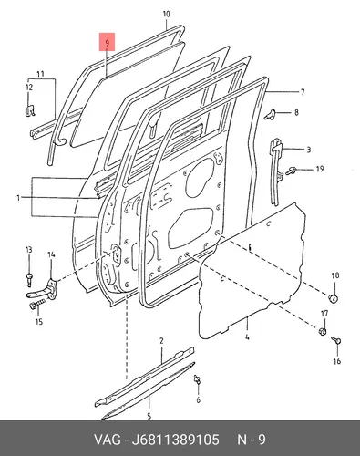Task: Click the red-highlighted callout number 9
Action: (x=107, y=44)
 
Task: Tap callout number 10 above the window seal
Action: (x=167, y=14)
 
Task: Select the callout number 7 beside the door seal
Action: (x=303, y=92)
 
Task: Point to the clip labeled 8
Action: (x=269, y=115)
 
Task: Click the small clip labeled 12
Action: (x=30, y=110)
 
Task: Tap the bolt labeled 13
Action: (x=29, y=279)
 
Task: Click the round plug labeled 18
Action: (x=334, y=298)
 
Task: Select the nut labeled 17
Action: (x=323, y=331)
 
